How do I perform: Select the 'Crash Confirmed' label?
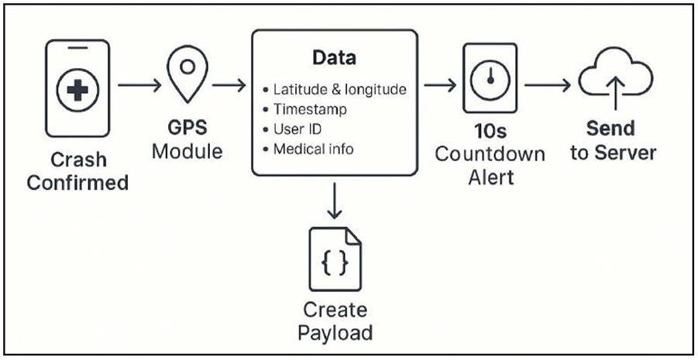(x=77, y=171)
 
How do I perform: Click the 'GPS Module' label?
(x=187, y=139)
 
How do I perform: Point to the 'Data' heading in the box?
(x=333, y=58)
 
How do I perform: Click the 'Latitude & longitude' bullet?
(x=340, y=90)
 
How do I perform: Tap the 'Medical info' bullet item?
(x=314, y=149)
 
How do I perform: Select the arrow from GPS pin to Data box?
(x=229, y=84)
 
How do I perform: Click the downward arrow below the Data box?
(x=334, y=199)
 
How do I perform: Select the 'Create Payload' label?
(x=335, y=321)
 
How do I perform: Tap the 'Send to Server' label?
(x=613, y=140)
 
